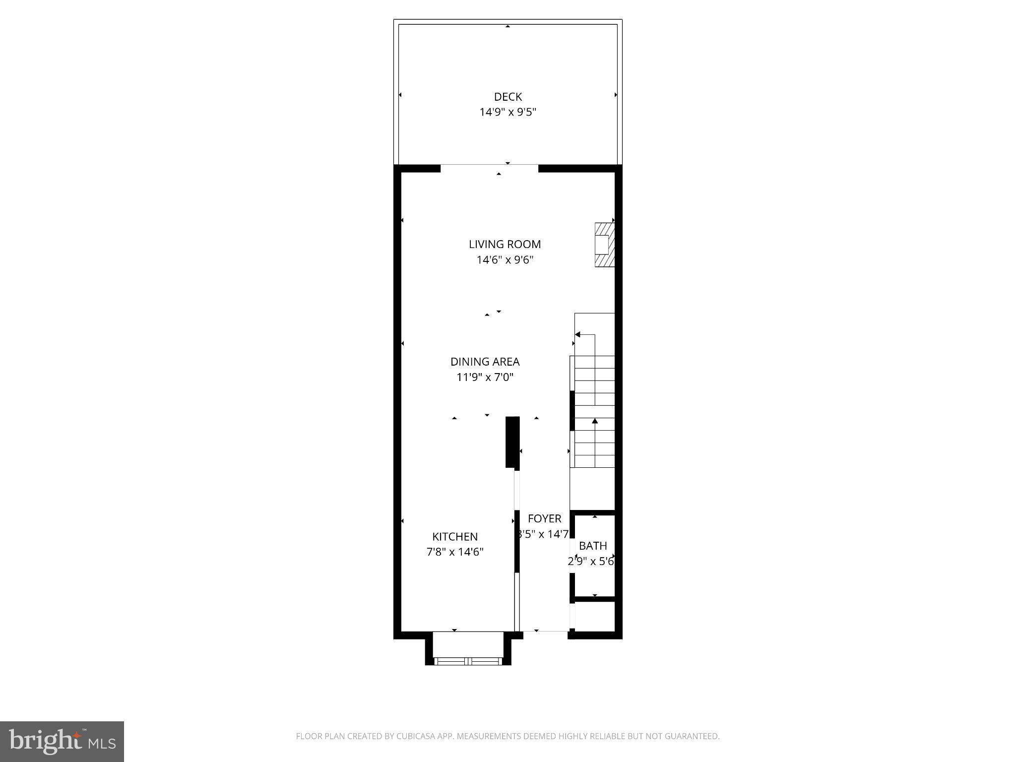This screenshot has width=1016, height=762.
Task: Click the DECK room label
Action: pyautogui.click(x=508, y=97)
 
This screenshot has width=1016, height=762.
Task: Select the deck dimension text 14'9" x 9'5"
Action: pyautogui.click(x=508, y=112)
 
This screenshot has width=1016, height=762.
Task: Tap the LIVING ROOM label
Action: pyautogui.click(x=505, y=244)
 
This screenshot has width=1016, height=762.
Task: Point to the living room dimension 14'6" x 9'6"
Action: pyautogui.click(x=505, y=259)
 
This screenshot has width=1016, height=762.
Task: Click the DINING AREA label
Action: pyautogui.click(x=485, y=362)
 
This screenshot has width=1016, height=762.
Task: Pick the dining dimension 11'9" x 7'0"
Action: pyautogui.click(x=485, y=377)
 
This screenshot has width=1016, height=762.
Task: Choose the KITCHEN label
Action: pyautogui.click(x=455, y=536)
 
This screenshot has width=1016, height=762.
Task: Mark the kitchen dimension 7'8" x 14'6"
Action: pyautogui.click(x=455, y=552)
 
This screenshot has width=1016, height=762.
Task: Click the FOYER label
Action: pyautogui.click(x=544, y=518)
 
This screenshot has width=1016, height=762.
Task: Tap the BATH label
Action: pyautogui.click(x=593, y=546)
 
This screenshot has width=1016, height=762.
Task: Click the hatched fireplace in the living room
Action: pyautogui.click(x=605, y=245)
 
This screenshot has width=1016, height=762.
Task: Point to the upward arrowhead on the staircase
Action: pyautogui.click(x=594, y=421)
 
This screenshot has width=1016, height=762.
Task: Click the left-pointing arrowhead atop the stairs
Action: pyautogui.click(x=577, y=334)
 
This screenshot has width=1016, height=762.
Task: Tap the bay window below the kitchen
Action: pyautogui.click(x=468, y=660)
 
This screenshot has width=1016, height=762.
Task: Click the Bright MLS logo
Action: pyautogui.click(x=62, y=741)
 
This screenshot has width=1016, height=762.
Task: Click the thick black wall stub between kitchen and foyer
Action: pyautogui.click(x=512, y=442)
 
